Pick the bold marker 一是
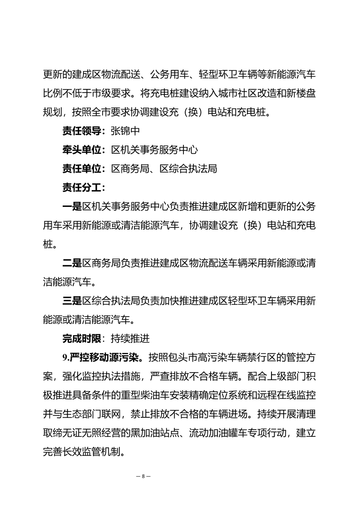point(72,207)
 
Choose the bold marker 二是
point(72,262)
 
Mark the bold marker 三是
point(72,300)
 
